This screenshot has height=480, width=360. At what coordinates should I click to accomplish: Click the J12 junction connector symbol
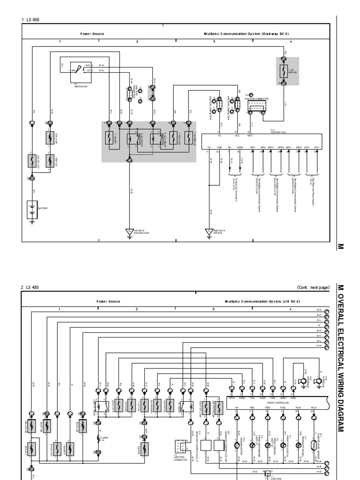[255, 108]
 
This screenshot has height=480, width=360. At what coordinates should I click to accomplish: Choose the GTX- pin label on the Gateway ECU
[317, 147]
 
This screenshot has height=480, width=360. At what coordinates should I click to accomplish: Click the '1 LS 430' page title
[30, 19]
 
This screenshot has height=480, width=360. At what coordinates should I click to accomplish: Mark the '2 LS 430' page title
[30, 287]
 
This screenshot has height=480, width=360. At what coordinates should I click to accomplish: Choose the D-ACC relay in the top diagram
[152, 139]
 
